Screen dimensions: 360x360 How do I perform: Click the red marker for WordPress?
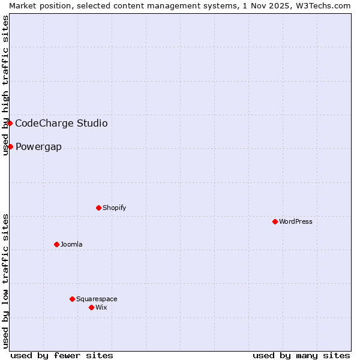[275, 221]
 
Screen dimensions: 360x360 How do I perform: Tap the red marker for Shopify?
[98, 208]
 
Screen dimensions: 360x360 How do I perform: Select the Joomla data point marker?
[56, 244]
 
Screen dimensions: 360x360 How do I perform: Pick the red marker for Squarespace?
[72, 299]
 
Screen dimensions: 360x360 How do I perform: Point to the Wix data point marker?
[91, 307]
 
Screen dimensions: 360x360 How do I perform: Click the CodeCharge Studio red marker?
[10, 123]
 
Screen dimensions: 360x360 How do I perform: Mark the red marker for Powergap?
[10, 146]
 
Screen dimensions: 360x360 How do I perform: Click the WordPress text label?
[296, 221]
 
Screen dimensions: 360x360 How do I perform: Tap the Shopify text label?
[114, 208]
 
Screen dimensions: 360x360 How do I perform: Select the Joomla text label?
[71, 244]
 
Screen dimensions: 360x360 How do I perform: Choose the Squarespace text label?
[97, 299]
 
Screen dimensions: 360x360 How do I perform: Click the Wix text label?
[101, 307]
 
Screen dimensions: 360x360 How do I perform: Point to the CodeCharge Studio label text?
[61, 124]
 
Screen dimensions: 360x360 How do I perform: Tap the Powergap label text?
[38, 147]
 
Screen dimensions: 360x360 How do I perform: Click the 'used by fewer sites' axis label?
[62, 355]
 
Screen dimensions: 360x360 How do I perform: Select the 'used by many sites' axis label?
[301, 355]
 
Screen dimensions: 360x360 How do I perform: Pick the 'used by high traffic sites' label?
[5, 85]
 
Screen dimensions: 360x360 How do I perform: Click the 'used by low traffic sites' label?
[5, 280]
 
